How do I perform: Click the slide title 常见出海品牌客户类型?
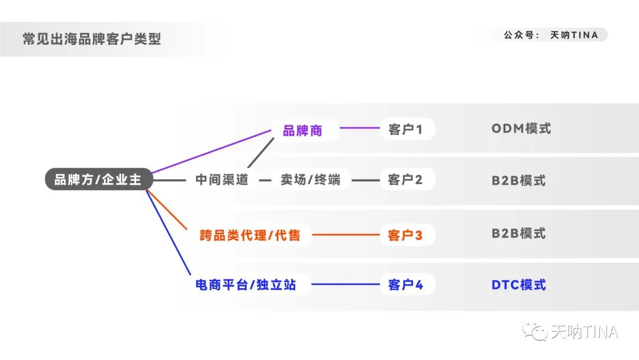92,39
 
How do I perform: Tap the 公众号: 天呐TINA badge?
550,35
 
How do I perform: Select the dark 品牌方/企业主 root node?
98,179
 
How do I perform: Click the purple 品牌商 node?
303,130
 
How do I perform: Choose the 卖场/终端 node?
311,179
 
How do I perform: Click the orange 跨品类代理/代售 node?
250,235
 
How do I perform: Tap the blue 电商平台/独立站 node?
246,285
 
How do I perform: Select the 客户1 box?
406,129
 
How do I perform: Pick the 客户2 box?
406,179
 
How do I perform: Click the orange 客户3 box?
406,235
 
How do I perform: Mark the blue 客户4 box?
406,285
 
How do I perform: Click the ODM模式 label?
521,128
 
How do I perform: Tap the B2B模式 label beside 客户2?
518,180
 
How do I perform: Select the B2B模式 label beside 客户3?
518,233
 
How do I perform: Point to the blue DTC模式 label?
518,285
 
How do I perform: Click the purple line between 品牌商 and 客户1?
359,128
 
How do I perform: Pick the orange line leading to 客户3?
346,235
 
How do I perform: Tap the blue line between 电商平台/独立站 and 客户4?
346,285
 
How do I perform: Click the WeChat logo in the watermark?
538,332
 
